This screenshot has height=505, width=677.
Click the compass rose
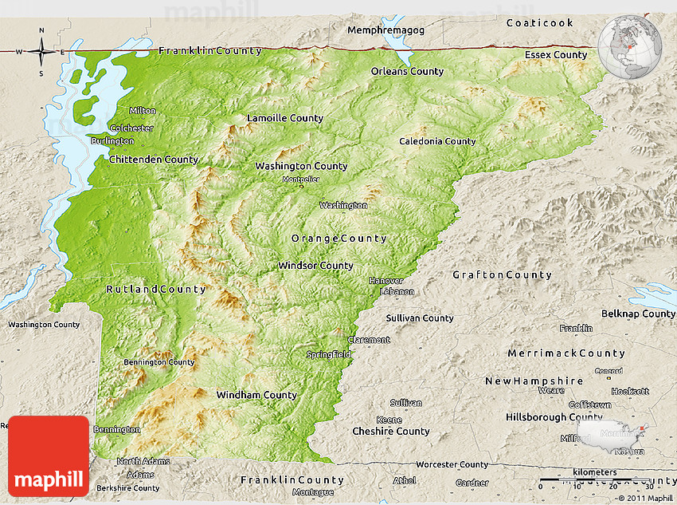point(41,52)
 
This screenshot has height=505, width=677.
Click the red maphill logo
point(49,456)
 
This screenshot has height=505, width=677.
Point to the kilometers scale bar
point(594,482)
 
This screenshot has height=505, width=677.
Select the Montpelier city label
point(301,180)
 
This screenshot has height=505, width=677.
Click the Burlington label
point(112,141)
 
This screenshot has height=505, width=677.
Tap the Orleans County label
point(407,72)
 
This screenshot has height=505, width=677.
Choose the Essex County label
point(555,55)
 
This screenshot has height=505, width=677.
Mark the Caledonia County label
point(437,142)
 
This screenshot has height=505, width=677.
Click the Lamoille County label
point(285,118)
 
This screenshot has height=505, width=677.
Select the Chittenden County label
point(154,160)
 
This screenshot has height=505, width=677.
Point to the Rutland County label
point(156,290)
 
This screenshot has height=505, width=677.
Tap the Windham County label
point(256,395)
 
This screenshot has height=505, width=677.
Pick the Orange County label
point(338,239)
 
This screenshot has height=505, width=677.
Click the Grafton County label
point(502,275)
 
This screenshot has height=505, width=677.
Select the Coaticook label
point(539,23)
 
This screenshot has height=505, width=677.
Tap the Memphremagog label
point(385,30)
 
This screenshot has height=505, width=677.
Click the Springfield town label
point(329,354)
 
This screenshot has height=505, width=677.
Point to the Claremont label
point(368,340)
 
